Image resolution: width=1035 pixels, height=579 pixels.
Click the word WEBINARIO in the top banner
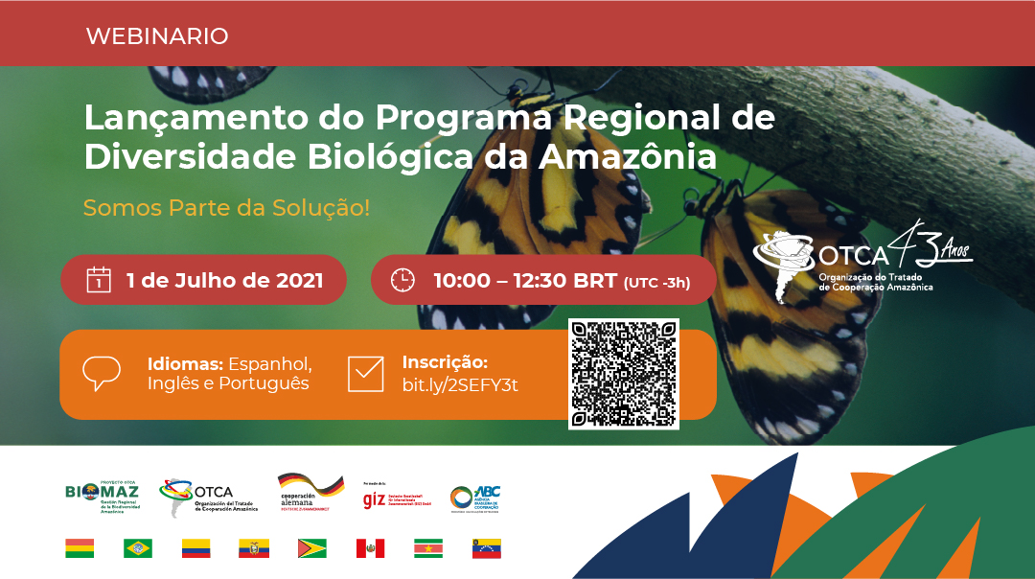[157, 36]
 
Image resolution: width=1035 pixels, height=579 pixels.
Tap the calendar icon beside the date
[99, 280]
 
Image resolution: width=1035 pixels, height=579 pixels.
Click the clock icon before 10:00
[402, 280]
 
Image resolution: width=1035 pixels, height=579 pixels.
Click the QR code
[623, 373]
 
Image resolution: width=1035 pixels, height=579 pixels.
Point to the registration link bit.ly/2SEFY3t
[461, 384]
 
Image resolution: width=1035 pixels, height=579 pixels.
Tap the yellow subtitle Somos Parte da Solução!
[226, 207]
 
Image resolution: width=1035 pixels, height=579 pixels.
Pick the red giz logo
[374, 499]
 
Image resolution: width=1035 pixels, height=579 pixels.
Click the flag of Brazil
[138, 548]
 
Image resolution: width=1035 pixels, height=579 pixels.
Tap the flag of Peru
[370, 548]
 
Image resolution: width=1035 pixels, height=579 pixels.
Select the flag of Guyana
[311, 548]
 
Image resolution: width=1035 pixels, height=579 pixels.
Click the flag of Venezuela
[487, 548]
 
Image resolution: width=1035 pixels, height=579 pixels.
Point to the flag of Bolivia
[80, 548]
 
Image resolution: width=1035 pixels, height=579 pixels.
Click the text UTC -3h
[656, 282]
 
